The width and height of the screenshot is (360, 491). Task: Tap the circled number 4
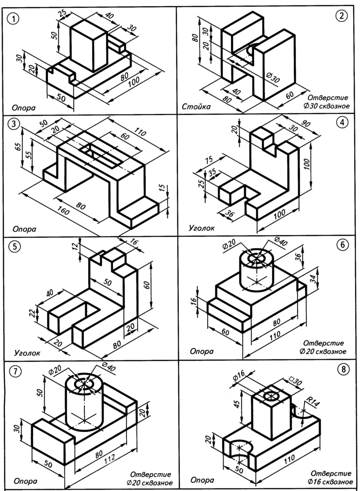(341, 122)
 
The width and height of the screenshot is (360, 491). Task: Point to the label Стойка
(196, 106)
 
